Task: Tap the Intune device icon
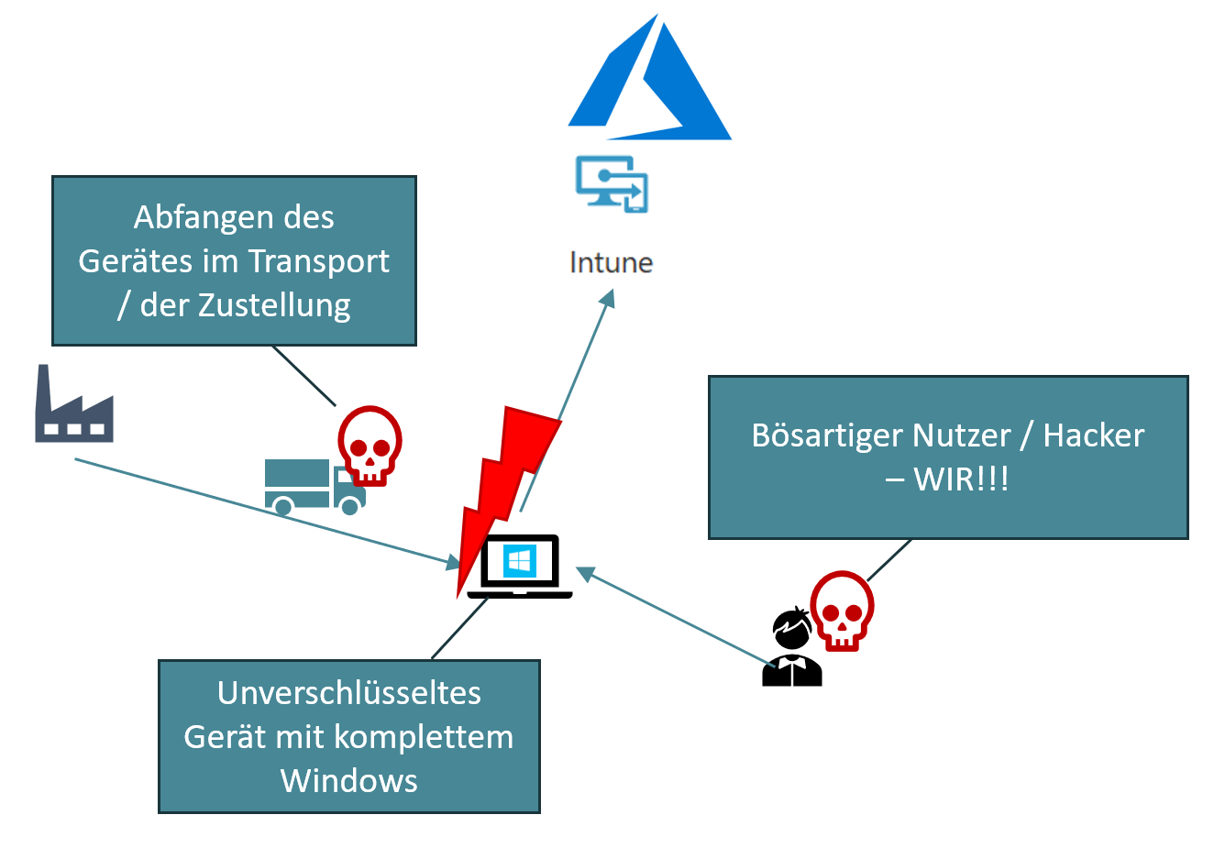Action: [x=612, y=183]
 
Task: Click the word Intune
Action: [x=611, y=263]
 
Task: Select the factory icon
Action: [x=74, y=407]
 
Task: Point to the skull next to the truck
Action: [x=370, y=446]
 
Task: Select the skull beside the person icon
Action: [x=842, y=610]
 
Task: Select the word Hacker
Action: [x=1094, y=435]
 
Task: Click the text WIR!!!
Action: [x=961, y=479]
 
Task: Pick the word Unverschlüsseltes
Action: [x=348, y=693]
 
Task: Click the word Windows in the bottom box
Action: [x=348, y=781]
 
